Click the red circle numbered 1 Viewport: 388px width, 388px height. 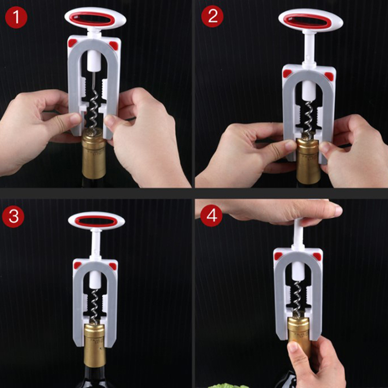(16, 17)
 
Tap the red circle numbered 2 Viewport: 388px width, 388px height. (212, 16)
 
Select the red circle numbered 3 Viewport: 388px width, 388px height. (13, 216)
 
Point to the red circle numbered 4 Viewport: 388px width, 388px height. (211, 215)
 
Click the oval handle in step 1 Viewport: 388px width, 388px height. (96, 18)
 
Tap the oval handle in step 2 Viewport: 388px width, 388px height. (311, 21)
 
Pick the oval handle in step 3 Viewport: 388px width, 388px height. (97, 221)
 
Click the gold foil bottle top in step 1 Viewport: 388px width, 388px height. (94, 154)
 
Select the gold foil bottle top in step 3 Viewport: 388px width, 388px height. (95, 345)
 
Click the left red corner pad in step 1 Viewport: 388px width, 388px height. (72, 43)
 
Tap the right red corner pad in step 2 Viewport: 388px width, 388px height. (329, 76)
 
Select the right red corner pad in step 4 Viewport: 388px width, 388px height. (317, 257)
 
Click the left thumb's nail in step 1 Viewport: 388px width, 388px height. (76, 118)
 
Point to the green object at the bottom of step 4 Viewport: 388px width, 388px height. (224, 386)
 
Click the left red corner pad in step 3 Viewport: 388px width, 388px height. (77, 265)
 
